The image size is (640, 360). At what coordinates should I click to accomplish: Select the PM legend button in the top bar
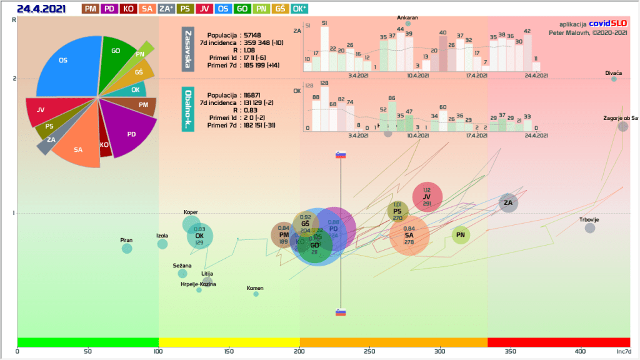pyautogui.click(x=91, y=9)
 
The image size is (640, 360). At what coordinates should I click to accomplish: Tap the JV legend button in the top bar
pyautogui.click(x=204, y=9)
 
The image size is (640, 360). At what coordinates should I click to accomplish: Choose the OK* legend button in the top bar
pyautogui.click(x=299, y=9)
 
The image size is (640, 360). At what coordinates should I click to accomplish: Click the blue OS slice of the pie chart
pyautogui.click(x=66, y=62)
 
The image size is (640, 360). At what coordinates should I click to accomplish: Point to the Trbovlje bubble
pyautogui.click(x=590, y=228)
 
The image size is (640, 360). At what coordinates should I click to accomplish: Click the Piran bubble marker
pyautogui.click(x=127, y=248)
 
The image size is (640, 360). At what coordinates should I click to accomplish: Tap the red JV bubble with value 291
pyautogui.click(x=427, y=197)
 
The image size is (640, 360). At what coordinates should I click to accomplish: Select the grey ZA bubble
pyautogui.click(x=508, y=202)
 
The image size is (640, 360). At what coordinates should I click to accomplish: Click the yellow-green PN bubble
pyautogui.click(x=461, y=235)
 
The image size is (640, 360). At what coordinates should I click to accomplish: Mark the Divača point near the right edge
pyautogui.click(x=614, y=79)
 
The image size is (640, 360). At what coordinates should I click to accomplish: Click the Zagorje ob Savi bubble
pyautogui.click(x=622, y=126)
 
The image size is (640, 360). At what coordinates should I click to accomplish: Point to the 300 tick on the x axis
pyautogui.click(x=441, y=351)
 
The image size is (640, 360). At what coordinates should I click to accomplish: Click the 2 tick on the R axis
pyautogui.click(x=14, y=79)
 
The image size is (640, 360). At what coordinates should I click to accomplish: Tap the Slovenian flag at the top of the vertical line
pyautogui.click(x=341, y=155)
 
